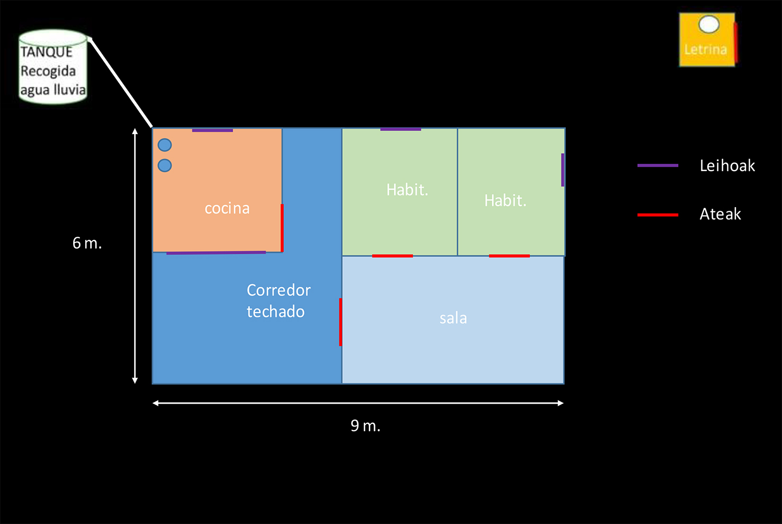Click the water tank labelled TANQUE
(x=53, y=67)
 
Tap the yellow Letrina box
(x=707, y=40)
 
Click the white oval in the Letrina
(x=708, y=24)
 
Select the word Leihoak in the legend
(x=727, y=166)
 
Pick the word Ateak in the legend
(x=720, y=214)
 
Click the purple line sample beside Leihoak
(x=657, y=166)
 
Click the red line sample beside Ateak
(x=657, y=215)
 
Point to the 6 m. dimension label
(x=87, y=243)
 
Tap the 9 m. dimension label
(x=365, y=425)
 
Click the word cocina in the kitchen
(x=227, y=208)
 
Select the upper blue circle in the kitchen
(x=165, y=145)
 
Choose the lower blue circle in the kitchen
(x=165, y=166)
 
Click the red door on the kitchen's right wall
(x=282, y=228)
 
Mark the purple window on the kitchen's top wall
(x=212, y=130)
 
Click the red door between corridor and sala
(x=340, y=322)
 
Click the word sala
(x=453, y=318)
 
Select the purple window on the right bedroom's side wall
(x=563, y=170)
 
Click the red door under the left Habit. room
(x=392, y=256)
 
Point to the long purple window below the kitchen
(x=216, y=253)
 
